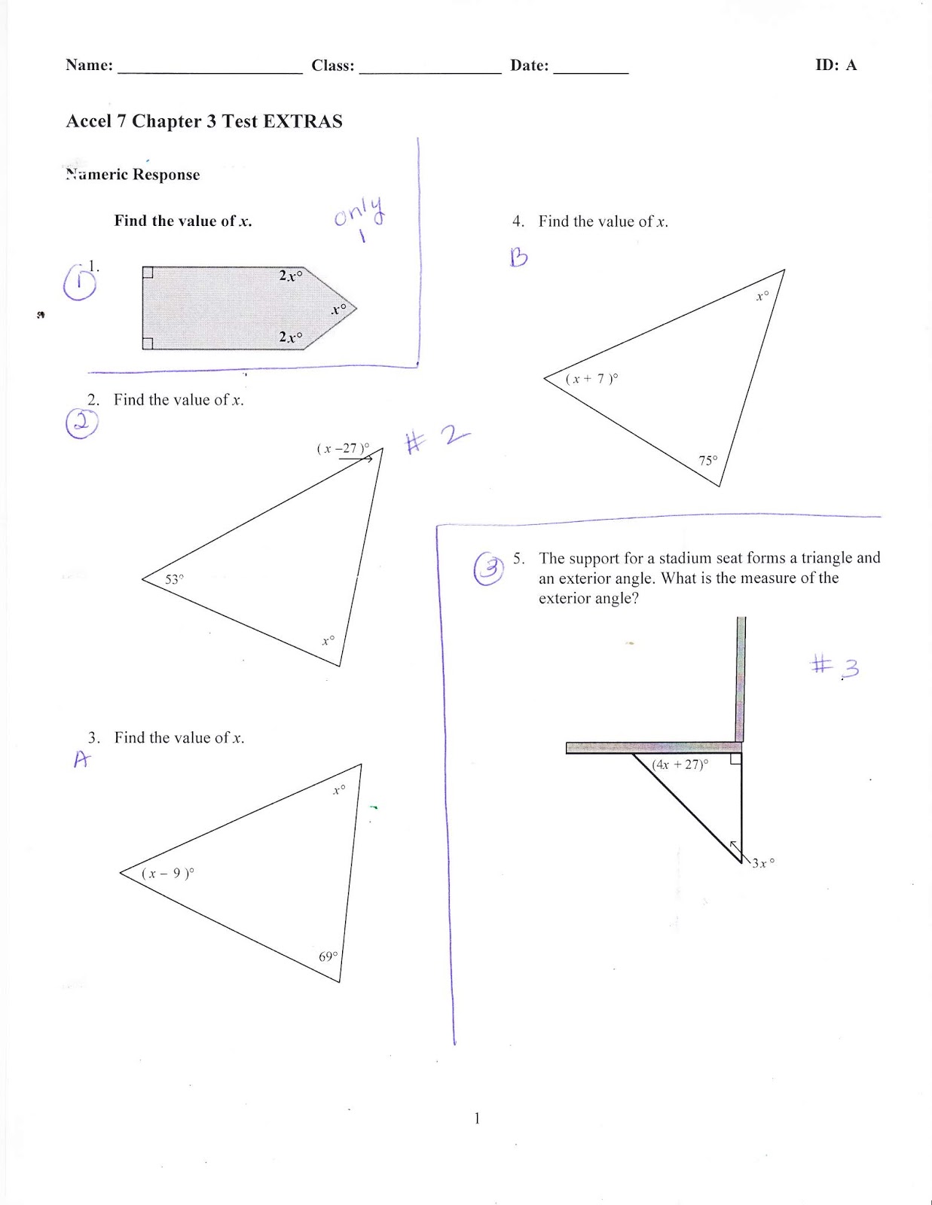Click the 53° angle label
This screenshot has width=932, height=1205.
click(174, 579)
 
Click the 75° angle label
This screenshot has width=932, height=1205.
click(708, 460)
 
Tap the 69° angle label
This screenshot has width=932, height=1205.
click(328, 956)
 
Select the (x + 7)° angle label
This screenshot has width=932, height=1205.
click(592, 379)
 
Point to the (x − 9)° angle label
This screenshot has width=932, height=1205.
click(168, 874)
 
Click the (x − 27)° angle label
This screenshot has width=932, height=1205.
click(343, 448)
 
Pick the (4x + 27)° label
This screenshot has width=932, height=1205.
click(680, 764)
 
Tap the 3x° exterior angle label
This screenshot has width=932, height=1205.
click(762, 863)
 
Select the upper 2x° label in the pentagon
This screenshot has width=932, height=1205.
click(291, 276)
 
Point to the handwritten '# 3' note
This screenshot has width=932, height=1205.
click(835, 667)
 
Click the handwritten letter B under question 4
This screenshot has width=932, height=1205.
click(518, 258)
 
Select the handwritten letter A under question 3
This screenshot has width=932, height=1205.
click(81, 759)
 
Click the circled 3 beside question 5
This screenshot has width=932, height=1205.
click(488, 569)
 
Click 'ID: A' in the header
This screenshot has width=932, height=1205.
click(836, 65)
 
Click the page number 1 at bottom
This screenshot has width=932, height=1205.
click(476, 1118)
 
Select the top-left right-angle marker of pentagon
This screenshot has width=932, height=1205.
click(148, 273)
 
